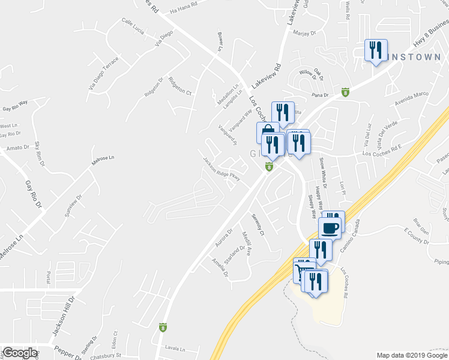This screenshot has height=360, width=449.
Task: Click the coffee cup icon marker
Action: coord(330,227)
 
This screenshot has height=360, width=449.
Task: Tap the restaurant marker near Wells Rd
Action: coord(376,49)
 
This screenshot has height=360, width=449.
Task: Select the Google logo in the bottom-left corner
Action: coord(19,353)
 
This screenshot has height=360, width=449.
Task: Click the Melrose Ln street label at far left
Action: coord(11,247)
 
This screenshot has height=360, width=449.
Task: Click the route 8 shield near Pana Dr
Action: coord(345,92)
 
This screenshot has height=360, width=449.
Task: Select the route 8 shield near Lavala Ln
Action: coord(163,327)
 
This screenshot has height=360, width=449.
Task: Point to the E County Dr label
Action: coord(414,235)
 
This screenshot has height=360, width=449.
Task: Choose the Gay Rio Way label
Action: coord(16,106)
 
